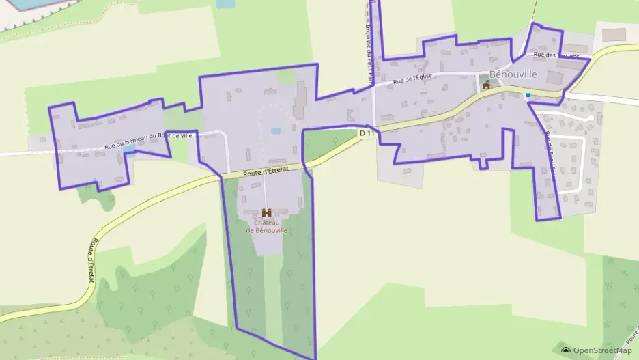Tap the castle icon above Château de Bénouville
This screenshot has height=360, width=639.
(x=266, y=213)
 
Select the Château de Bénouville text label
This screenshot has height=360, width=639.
(x=266, y=226)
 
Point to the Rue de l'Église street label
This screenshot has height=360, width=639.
(x=414, y=80)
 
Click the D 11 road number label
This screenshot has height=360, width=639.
(x=367, y=133)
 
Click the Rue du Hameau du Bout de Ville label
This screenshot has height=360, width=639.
(x=149, y=140)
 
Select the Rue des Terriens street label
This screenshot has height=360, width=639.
(x=556, y=55)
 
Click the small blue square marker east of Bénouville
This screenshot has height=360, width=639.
(x=528, y=96)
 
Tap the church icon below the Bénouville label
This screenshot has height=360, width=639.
(x=487, y=85)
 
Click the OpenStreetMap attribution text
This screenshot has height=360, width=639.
(x=602, y=350)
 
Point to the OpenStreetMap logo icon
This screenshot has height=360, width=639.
(x=566, y=350)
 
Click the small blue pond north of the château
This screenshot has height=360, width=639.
(x=275, y=130)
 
